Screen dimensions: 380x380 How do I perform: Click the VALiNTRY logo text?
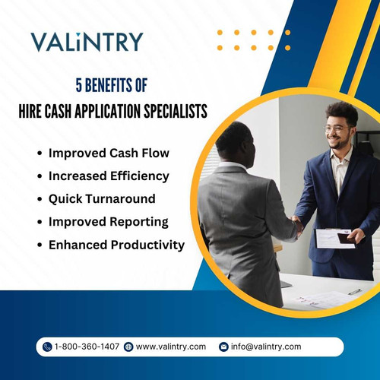87,42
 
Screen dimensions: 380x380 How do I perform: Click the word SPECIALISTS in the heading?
170,110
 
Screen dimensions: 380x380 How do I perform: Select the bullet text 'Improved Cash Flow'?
109,153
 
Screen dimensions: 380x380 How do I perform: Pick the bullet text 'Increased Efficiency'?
108,176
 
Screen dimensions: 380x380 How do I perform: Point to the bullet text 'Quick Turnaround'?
102,198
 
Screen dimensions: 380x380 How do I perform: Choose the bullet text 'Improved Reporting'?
107,222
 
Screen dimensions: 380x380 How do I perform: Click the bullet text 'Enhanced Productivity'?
116,245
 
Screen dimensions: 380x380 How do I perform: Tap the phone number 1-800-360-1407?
87,347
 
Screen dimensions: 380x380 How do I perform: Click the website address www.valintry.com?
171,347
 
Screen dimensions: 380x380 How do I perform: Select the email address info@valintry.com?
266,347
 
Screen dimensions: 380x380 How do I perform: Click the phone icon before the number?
48,347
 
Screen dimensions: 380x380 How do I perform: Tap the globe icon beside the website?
128,347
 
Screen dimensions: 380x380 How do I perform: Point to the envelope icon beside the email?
223,347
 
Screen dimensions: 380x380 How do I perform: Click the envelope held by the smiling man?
334,238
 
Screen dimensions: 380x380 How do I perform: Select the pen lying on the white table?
355,291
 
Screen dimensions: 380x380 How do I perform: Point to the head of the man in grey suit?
232,141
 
